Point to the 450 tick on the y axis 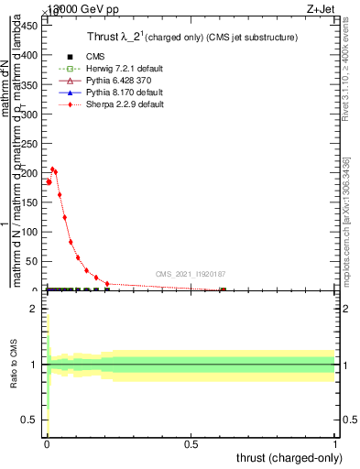31,25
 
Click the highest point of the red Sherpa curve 53,169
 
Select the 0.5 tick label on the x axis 191,444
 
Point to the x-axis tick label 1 334,444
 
